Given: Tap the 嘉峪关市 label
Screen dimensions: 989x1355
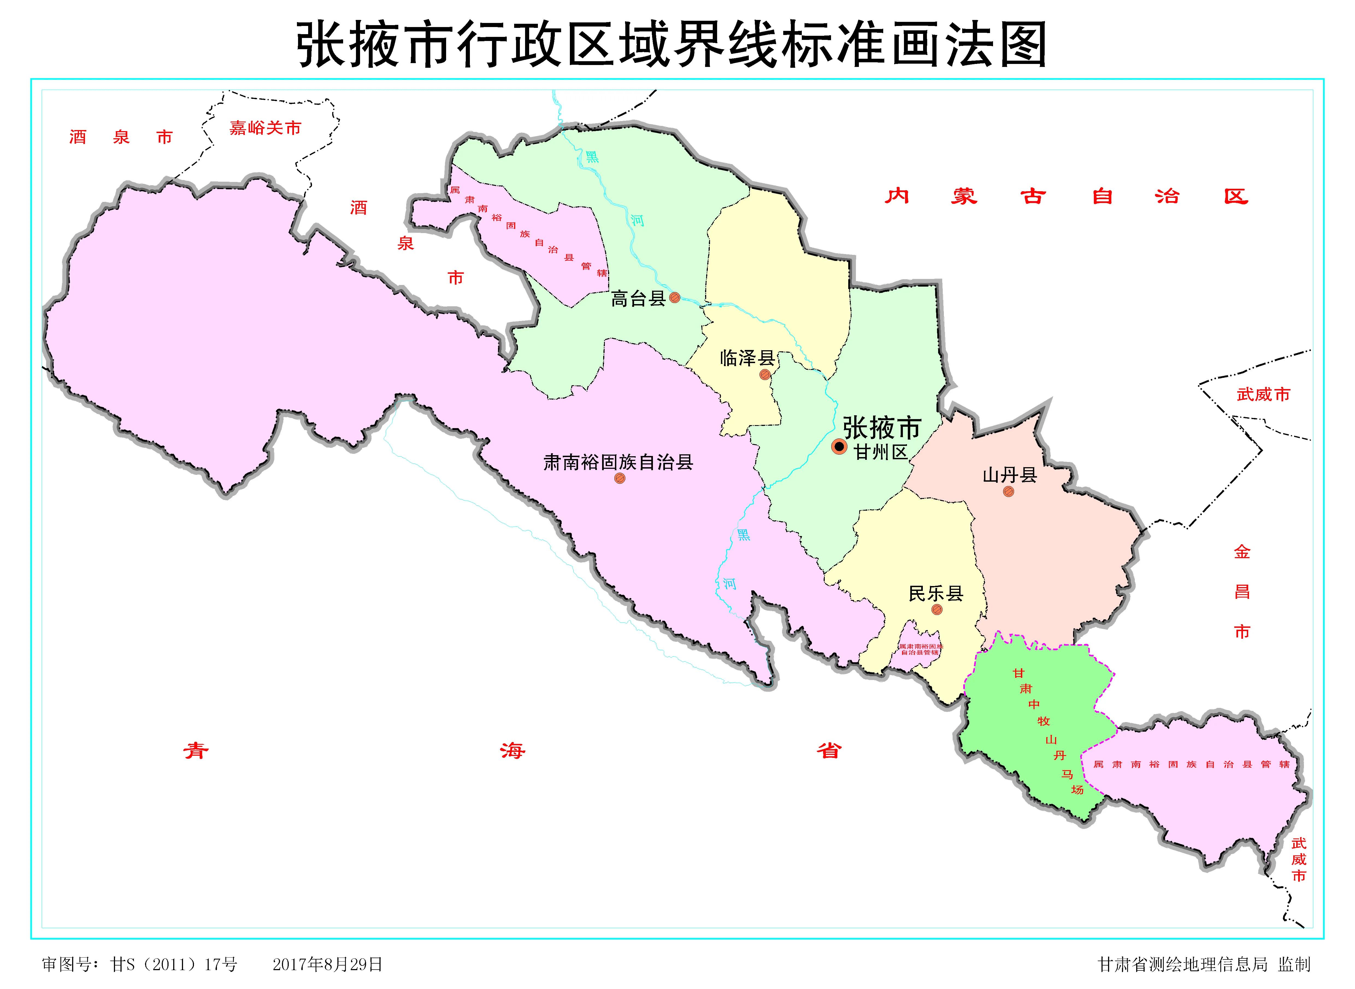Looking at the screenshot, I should coord(265,128).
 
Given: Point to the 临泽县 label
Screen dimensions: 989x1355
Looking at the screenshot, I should coord(747,358).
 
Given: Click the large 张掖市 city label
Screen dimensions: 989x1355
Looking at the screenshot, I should coord(881,428).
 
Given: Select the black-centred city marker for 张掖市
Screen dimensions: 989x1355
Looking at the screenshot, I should coord(839,446).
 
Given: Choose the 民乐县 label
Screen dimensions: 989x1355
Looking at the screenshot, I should coord(936,593).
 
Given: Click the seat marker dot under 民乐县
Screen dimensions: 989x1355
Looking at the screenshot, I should coord(937,610).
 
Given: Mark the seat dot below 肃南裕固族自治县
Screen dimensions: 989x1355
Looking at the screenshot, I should coord(619,478).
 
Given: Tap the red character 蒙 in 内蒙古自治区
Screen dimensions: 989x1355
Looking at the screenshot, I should coord(964,196).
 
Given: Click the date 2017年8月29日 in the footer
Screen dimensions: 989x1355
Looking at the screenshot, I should coord(327,964).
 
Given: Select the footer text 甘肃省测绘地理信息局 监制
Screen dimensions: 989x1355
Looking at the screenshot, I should coord(1204,964).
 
